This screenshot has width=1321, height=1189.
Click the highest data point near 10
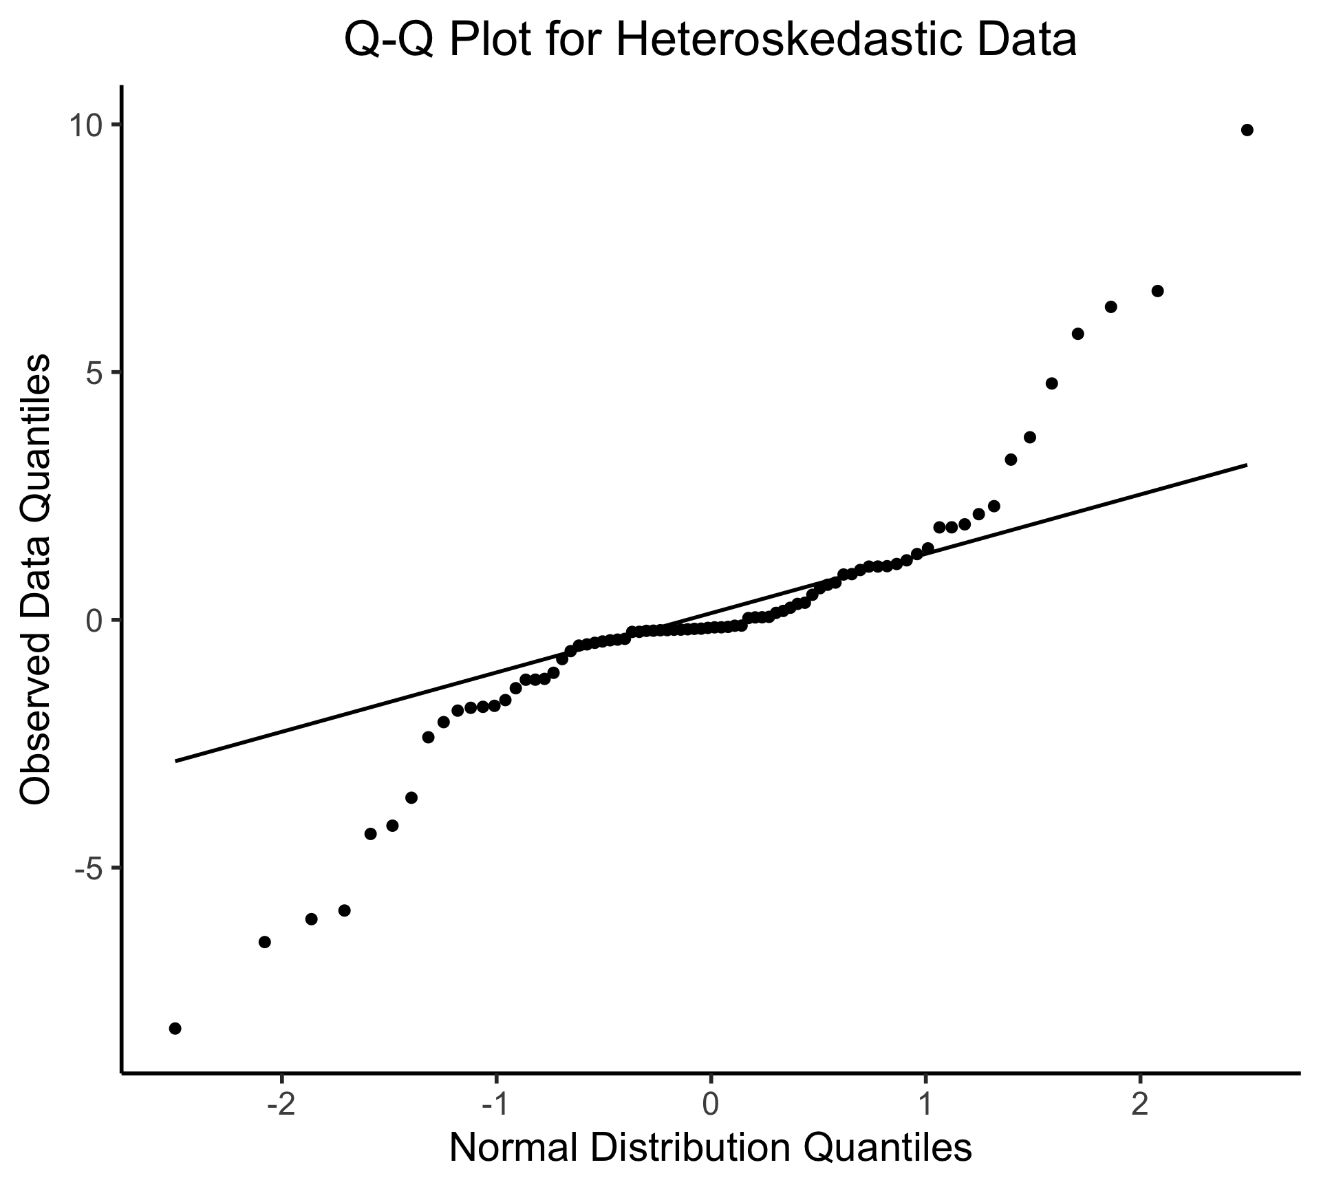(1247, 130)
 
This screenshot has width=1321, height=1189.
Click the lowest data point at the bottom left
(175, 1028)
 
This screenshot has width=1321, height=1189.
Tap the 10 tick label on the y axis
(85, 125)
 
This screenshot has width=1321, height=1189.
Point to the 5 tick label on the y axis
(94, 373)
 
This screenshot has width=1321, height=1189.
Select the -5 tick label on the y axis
(88, 868)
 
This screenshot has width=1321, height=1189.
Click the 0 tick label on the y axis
(94, 621)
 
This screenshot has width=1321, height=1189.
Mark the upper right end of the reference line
(1247, 465)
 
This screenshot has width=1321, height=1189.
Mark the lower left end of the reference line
(176, 761)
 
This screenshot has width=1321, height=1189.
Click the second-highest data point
(1157, 291)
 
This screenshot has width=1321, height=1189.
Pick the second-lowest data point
(264, 942)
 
